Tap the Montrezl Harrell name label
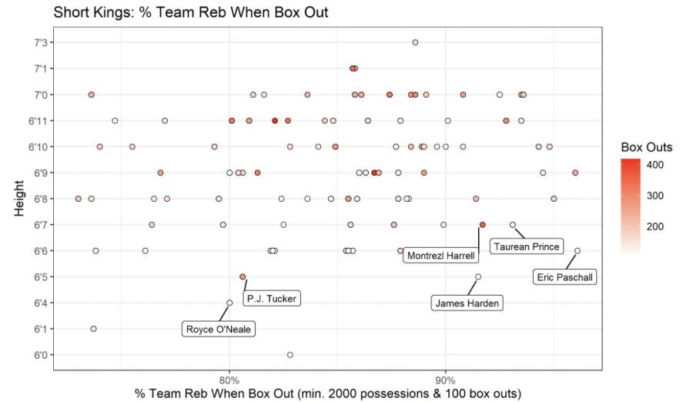click(440, 256)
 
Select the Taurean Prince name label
click(527, 247)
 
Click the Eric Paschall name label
click(566, 277)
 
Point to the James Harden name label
click(467, 303)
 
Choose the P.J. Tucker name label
click(271, 299)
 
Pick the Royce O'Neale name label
click(219, 330)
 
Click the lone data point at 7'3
click(415, 42)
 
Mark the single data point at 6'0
click(290, 355)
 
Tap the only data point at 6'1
click(93, 329)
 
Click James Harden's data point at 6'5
click(478, 276)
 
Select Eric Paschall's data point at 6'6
click(577, 250)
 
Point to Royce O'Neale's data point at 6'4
click(229, 303)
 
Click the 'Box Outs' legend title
click(646, 147)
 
